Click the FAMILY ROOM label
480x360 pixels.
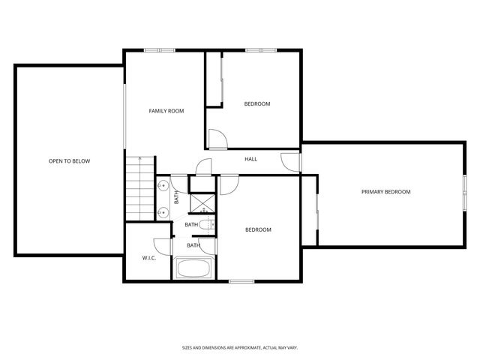166,111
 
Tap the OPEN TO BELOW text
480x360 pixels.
69,161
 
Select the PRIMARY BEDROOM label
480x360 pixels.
386,192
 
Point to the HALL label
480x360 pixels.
251,159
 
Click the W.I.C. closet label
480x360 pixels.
148,258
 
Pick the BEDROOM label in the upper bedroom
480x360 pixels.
257,103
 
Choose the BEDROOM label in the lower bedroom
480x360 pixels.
258,229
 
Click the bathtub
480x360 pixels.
195,268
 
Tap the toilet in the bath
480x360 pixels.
209,224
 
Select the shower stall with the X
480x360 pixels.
202,203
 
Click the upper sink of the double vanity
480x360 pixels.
162,185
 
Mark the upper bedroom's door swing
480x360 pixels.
216,138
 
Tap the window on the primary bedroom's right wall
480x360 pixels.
465,192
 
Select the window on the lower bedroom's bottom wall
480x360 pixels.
241,281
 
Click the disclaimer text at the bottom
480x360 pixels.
240,347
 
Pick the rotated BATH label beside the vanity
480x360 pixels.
177,197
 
